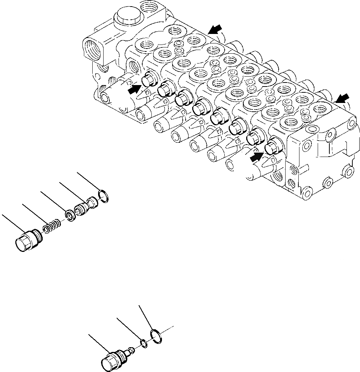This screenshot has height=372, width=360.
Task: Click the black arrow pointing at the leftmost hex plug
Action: pos(135,88)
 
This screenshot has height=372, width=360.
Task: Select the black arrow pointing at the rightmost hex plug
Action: pos(256,156)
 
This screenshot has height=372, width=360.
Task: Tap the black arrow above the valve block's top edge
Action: pos(215,28)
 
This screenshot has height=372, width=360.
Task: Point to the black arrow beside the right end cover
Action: pos(342,98)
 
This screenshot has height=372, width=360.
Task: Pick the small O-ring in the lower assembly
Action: pos(144,343)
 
